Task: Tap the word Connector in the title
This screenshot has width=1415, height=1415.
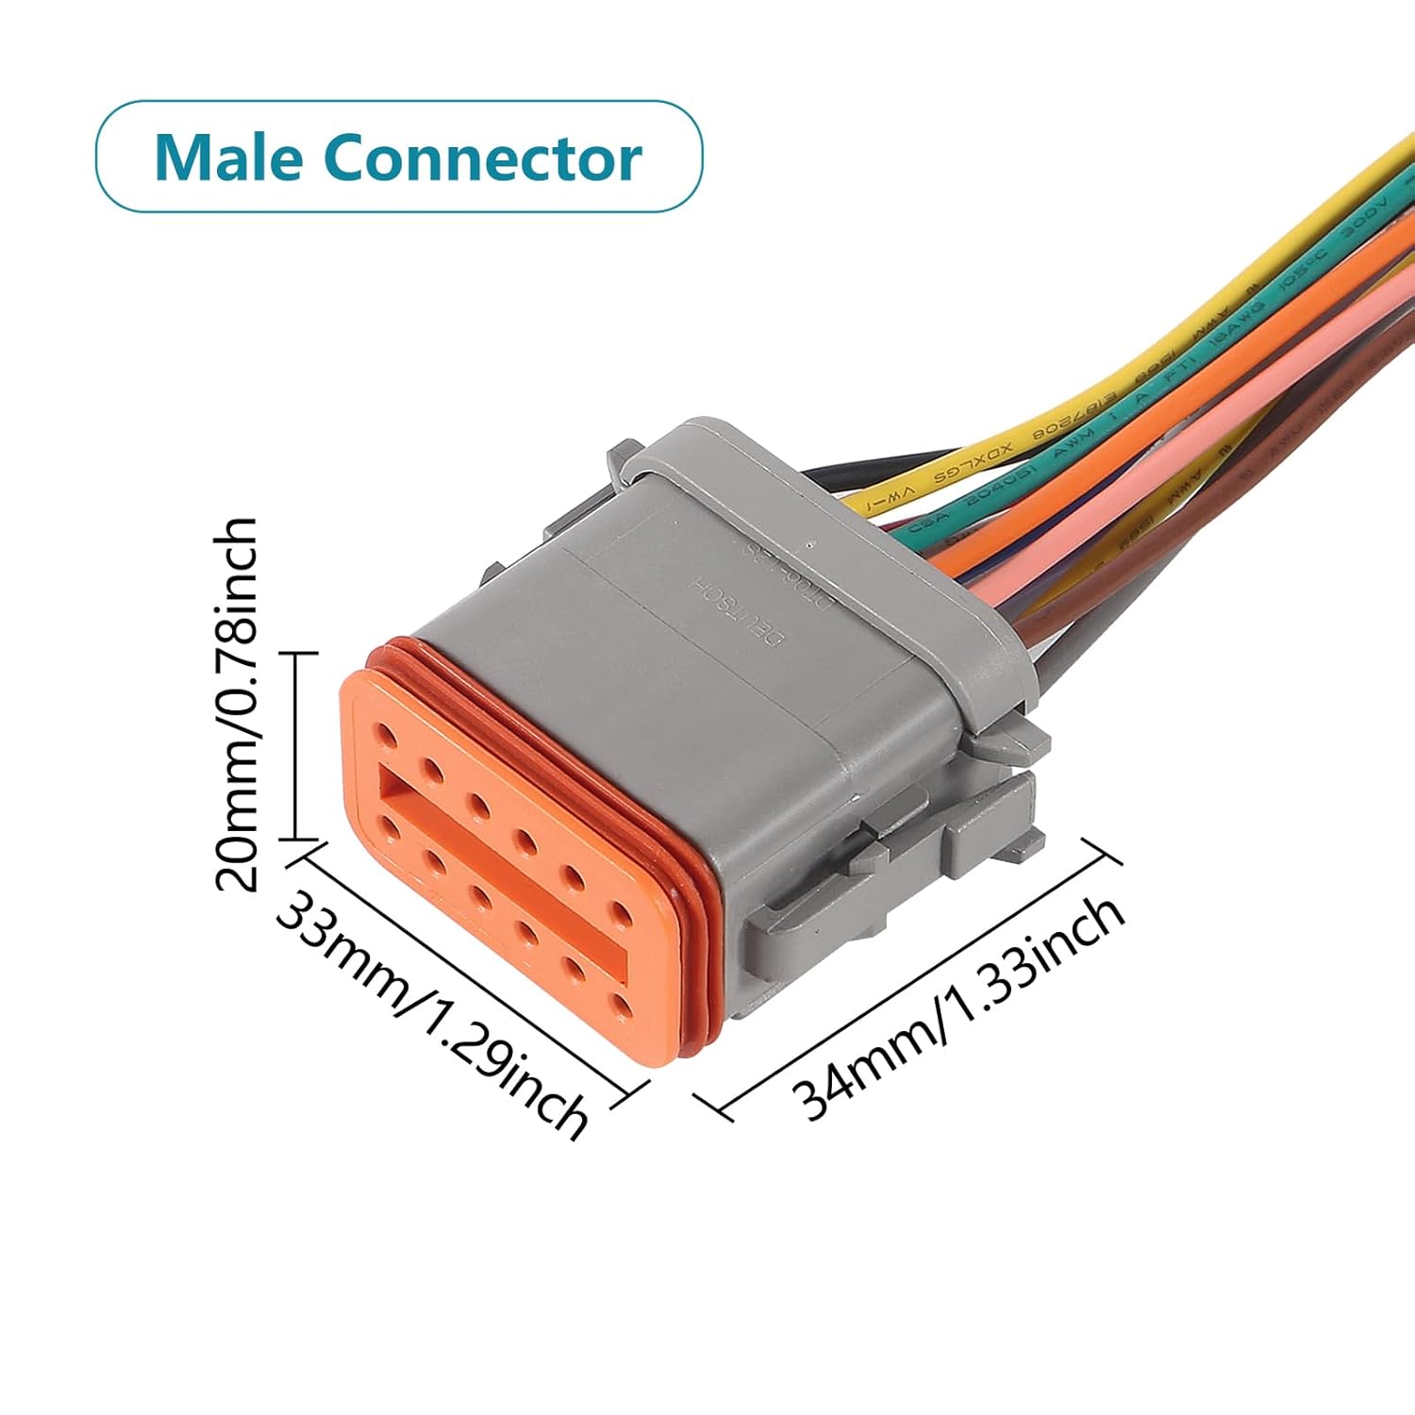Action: (x=482, y=158)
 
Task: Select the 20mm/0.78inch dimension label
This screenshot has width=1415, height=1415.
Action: (x=236, y=703)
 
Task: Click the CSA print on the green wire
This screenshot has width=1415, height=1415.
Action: (x=922, y=524)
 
